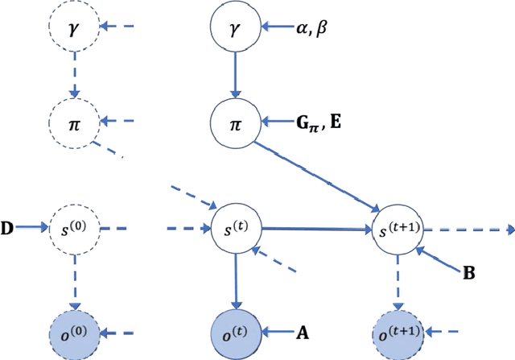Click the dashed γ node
tap(73, 29)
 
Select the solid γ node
tap(235, 29)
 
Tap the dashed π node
tap(73, 123)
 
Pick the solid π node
tap(235, 123)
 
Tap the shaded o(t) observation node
tap(235, 330)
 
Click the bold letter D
tap(6, 229)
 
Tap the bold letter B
tap(468, 274)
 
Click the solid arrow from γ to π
tap(235, 76)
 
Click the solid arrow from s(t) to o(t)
tap(235, 279)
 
